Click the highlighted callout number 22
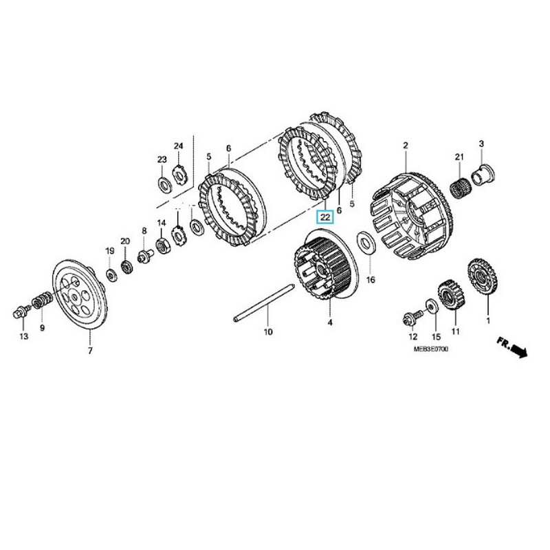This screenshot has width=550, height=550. tap(325, 217)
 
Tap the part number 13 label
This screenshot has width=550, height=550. tap(23, 336)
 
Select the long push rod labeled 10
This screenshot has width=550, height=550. tap(264, 302)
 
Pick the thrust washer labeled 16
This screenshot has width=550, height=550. tap(366, 242)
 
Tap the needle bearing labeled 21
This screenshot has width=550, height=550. tap(459, 188)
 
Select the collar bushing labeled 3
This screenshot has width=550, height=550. tap(483, 175)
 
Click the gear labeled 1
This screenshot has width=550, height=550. tap(483, 276)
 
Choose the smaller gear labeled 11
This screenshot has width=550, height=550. tap(450, 295)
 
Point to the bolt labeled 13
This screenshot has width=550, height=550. tap(21, 311)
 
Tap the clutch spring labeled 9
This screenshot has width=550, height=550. tap(43, 300)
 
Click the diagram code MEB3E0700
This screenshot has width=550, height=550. tap(430, 349)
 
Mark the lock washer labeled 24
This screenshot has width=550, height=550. tap(179, 175)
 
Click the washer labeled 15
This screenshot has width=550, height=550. tap(432, 307)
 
